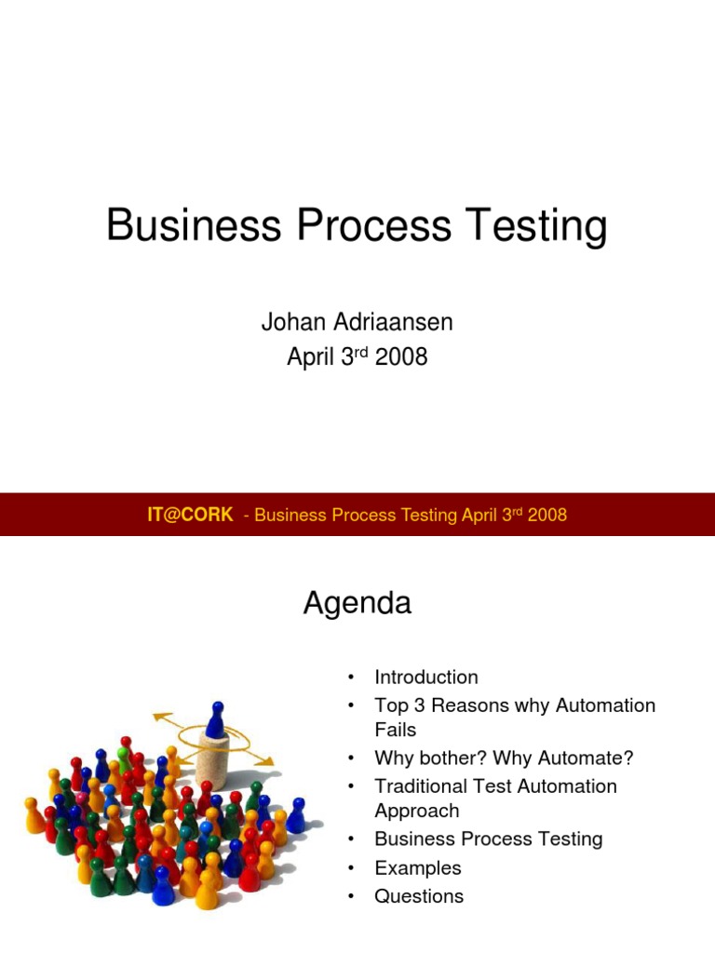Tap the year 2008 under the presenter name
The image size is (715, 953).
coord(401,356)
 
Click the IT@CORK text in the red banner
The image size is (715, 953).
coord(190,515)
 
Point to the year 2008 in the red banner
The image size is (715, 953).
coord(547,515)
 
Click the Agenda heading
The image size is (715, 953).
coord(357,604)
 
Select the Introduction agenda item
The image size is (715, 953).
coord(426,678)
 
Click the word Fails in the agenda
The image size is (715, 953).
coord(395,730)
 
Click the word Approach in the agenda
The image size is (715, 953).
coord(416,811)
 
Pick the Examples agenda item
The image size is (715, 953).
coord(417,867)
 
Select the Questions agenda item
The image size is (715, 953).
coord(419,896)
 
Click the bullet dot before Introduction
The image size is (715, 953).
coord(351,678)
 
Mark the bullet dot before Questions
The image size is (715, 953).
coord(351,896)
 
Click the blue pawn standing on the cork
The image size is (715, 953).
coord(215,719)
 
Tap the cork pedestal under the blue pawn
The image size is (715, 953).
coord(212,758)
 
